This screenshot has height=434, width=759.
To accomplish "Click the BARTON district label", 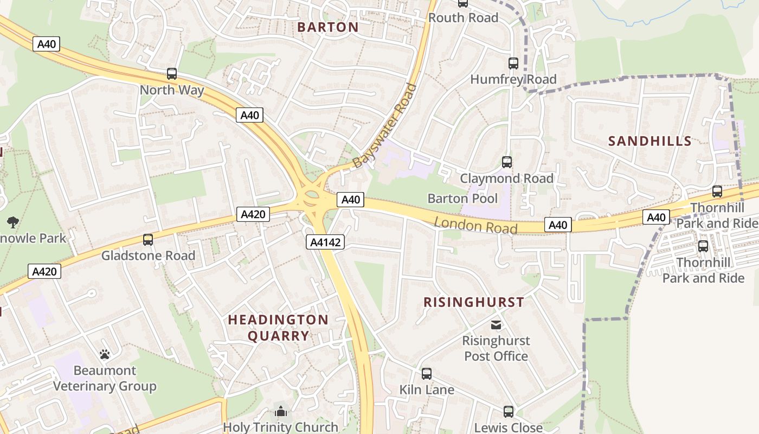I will tap(328, 27).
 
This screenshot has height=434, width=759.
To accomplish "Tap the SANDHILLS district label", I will tap(649, 142).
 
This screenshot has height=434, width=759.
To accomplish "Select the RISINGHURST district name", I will tap(473, 302).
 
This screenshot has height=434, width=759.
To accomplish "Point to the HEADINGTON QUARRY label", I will tap(278, 328).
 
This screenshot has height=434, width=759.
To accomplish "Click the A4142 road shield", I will tap(325, 242).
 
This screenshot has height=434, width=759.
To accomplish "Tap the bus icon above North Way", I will tap(172, 74).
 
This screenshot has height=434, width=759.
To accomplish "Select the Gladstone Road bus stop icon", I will tap(147, 239).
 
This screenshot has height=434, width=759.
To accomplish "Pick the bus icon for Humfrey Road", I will tap(513, 63).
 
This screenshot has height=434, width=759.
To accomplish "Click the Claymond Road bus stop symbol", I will tap(506, 162).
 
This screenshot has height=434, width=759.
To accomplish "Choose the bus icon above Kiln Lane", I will tap(426, 373).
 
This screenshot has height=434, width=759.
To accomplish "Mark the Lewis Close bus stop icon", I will tap(508, 411).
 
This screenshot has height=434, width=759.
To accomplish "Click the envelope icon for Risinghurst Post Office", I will tap(496, 324).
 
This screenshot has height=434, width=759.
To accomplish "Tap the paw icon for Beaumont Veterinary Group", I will tap(105, 354).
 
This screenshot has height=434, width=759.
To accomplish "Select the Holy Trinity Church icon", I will tap(280, 411).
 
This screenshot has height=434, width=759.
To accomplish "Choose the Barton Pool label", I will tap(462, 199).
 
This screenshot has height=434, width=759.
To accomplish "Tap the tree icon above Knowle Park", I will tap(12, 221).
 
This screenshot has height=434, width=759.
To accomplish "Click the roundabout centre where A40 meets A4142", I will tap(312, 198).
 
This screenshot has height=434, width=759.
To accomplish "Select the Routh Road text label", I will tap(463, 18).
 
